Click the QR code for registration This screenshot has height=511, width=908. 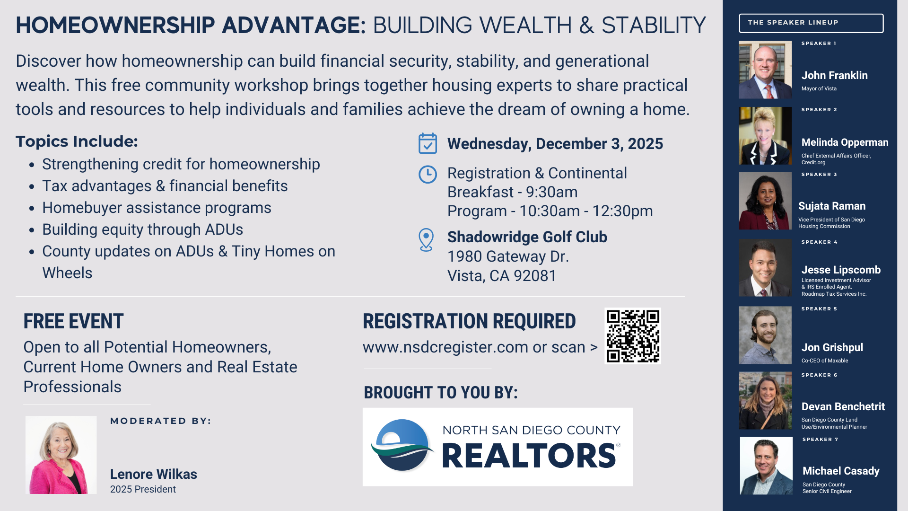(633, 336)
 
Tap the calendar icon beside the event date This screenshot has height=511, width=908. (428, 143)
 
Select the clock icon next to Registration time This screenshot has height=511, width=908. (428, 175)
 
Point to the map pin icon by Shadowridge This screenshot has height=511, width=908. (426, 240)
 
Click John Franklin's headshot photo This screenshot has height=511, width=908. (765, 70)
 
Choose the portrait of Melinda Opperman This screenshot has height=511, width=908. (765, 136)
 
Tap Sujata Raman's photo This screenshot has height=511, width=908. (765, 201)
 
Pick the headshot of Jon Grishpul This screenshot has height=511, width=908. (765, 335)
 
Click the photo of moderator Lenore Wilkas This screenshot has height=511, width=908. (61, 455)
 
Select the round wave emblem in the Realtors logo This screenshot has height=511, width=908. (402, 445)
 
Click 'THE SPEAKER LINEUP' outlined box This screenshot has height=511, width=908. (811, 23)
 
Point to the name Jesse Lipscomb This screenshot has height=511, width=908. (841, 270)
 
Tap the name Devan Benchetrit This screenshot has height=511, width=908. (843, 406)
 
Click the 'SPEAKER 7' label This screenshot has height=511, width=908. (820, 440)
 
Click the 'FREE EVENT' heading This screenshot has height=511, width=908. (73, 321)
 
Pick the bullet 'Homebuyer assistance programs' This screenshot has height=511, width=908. (157, 208)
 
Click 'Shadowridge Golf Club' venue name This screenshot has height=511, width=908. (527, 237)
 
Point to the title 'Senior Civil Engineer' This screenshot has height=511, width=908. (827, 492)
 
